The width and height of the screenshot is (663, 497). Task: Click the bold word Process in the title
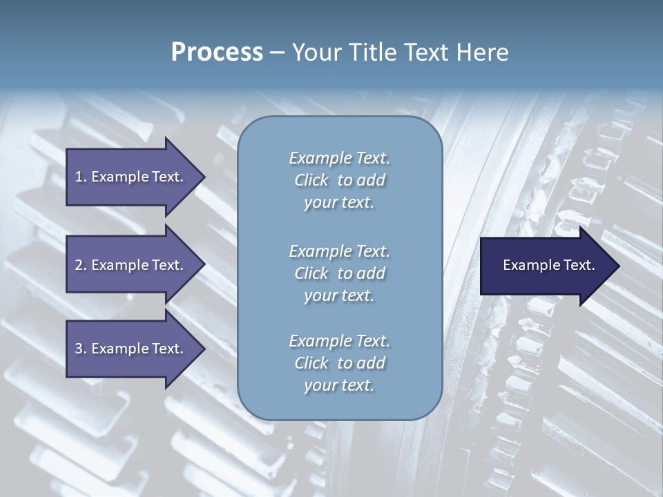click(217, 52)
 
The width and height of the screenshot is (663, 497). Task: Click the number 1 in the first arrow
click(79, 177)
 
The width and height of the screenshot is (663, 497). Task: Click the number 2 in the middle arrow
click(79, 265)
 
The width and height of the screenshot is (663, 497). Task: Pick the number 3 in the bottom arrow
click(79, 349)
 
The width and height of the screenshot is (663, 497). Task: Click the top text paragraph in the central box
click(339, 180)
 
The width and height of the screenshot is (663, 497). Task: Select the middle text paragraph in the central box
click(339, 273)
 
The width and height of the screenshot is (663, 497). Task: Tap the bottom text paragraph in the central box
click(339, 363)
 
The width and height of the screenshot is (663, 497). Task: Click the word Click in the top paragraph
click(311, 181)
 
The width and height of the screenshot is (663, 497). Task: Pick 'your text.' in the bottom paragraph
click(339, 386)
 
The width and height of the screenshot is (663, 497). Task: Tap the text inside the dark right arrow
click(549, 266)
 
